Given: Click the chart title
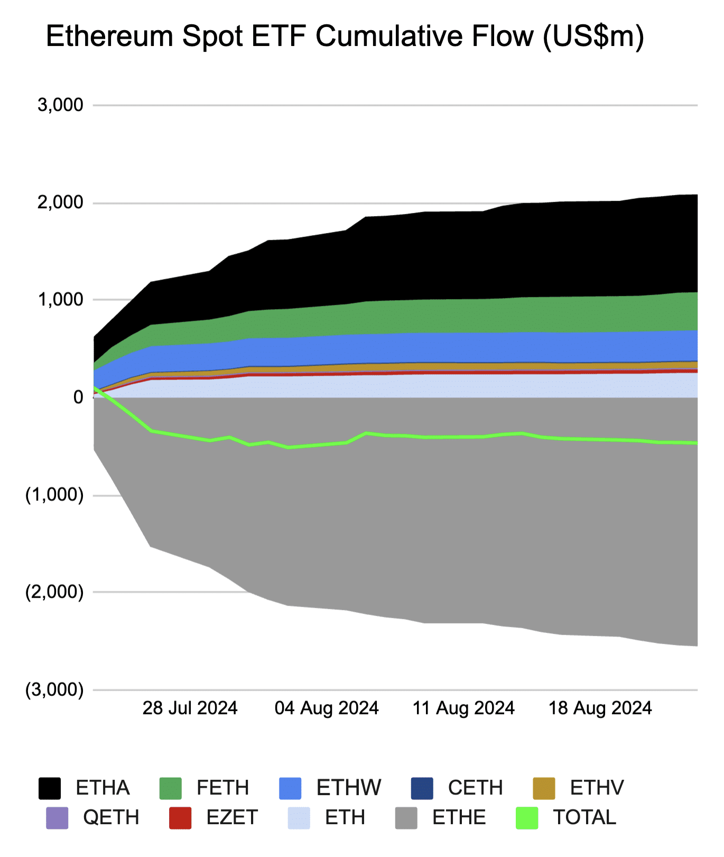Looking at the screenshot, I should (345, 37).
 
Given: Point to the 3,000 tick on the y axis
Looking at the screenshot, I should (60, 105).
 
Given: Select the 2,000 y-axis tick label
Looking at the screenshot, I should (60, 202).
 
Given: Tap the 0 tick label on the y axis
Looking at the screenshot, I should (78, 397).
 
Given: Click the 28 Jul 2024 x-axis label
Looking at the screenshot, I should (190, 708).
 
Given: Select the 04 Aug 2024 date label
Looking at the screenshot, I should (327, 708).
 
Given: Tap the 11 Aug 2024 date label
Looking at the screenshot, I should (463, 708).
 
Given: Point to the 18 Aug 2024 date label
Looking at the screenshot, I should (600, 708).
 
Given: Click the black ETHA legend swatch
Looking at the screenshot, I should (50, 788).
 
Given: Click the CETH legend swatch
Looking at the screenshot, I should (422, 788).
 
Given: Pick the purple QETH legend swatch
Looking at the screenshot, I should (57, 818).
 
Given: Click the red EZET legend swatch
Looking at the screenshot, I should (180, 818).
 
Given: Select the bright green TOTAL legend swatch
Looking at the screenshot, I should (527, 818).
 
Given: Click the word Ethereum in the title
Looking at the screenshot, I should (109, 37).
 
